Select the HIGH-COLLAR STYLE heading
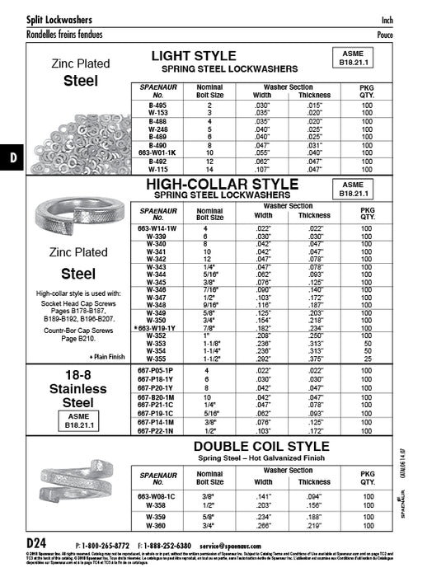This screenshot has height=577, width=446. tap(222, 184)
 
